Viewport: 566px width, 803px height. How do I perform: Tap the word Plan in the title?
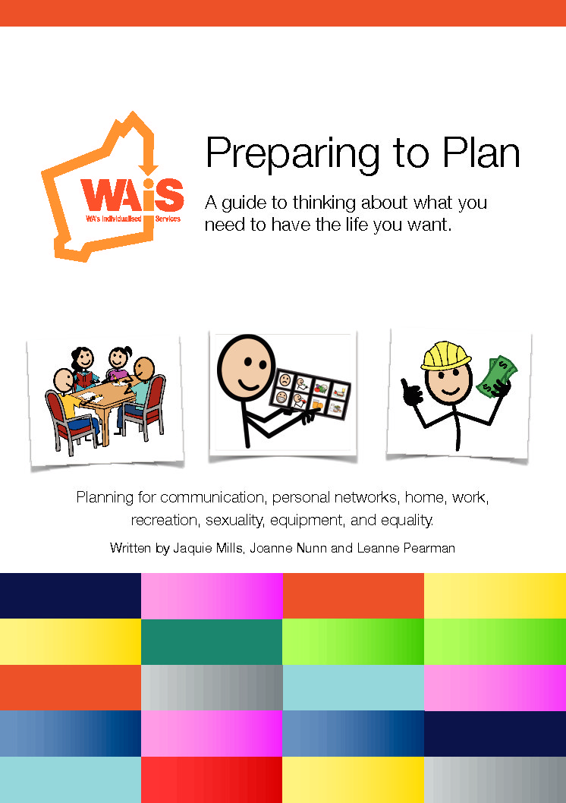click(482, 153)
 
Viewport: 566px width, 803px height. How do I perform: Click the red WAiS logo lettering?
click(132, 195)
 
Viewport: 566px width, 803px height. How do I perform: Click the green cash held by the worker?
click(496, 377)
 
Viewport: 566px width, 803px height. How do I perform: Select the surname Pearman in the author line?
click(429, 549)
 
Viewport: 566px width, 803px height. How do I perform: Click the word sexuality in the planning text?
click(235, 521)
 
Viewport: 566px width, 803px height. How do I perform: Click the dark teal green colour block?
click(212, 641)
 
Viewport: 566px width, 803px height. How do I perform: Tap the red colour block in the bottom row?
click(212, 779)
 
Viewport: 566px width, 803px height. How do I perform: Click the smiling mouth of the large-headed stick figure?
click(250, 383)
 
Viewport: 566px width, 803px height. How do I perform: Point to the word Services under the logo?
click(168, 219)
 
